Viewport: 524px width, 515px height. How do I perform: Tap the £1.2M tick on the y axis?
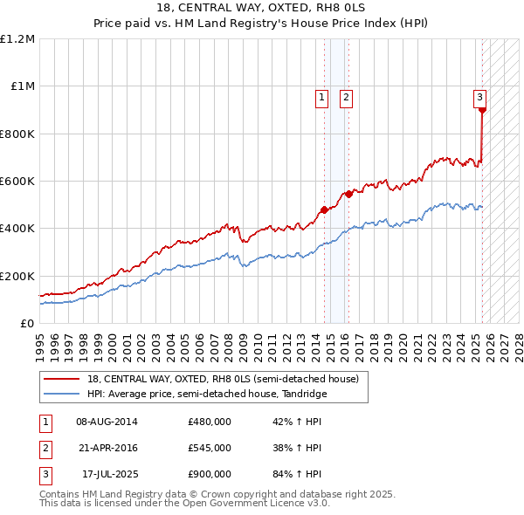coord(17,39)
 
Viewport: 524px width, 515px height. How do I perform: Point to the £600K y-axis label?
coord(17,182)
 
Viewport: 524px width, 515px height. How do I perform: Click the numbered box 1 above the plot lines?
coord(322,98)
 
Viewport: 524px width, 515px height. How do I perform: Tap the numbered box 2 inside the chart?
coord(346,98)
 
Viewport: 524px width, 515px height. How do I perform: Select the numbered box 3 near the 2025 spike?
coord(479,98)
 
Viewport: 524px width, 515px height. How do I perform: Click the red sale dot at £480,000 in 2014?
coord(324,209)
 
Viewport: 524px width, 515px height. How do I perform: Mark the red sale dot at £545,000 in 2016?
coord(348,194)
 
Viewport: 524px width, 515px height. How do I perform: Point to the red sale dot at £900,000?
coord(482,110)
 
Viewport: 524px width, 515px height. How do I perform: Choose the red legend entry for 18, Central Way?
coord(223,380)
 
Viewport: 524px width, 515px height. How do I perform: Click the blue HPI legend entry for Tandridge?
coord(207,394)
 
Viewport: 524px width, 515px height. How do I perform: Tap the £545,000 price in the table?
coord(209,447)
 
